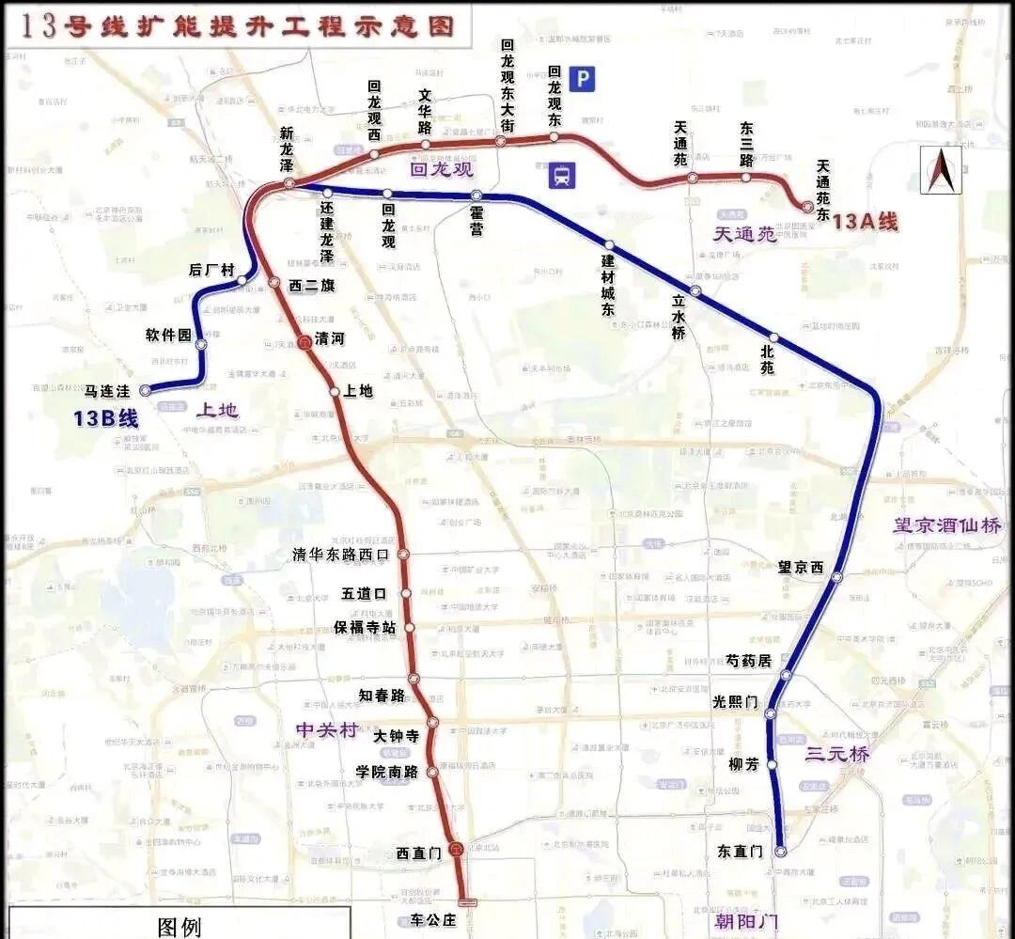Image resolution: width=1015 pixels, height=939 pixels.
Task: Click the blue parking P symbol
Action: [585, 80]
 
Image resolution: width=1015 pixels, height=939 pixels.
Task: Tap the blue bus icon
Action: [562, 175]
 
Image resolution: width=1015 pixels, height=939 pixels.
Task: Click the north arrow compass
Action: [941, 169]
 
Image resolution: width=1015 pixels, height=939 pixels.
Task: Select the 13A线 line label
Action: [866, 222]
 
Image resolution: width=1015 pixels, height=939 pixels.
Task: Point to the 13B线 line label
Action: [106, 419]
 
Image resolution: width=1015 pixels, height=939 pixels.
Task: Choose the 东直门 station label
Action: [740, 852]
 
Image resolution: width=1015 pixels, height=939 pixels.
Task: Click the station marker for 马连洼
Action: [145, 389]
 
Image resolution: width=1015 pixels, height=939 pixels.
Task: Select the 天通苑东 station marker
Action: [806, 206]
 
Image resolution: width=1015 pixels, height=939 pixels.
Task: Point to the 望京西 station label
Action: [801, 568]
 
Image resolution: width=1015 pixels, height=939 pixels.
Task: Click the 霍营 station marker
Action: [476, 196]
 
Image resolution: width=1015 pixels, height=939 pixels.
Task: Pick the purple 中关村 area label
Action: [326, 729]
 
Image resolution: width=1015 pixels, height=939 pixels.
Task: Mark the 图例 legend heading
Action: [179, 928]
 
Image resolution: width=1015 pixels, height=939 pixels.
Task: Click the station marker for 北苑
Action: [773, 337]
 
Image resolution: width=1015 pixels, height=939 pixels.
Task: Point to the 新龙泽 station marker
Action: [289, 182]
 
